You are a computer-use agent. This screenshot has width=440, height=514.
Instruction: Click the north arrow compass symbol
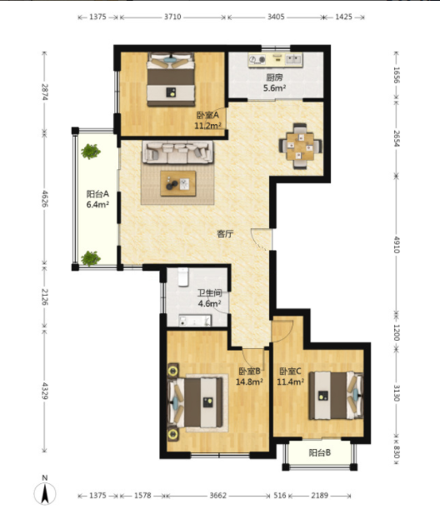tap(45, 493)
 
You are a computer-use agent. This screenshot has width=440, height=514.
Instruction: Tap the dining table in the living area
tap(300, 146)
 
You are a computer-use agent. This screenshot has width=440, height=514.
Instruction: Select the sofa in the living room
tap(177, 152)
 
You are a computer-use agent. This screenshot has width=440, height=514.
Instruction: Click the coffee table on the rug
tap(178, 183)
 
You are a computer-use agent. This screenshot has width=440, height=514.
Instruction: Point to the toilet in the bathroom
tap(183, 277)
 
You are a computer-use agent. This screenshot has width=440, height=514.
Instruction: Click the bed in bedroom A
tap(171, 80)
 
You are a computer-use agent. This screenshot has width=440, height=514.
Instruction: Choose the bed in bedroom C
tap(336, 396)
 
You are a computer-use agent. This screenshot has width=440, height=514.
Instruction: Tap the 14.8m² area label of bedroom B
tap(249, 382)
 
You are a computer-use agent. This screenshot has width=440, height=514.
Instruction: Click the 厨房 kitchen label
tap(274, 77)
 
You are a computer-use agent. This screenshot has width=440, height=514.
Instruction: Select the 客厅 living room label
tap(225, 234)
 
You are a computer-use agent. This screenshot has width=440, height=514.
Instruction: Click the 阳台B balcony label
tap(320, 452)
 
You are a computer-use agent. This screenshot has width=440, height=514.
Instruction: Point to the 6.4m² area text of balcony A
tap(97, 205)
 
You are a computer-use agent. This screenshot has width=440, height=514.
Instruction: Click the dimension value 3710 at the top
tap(172, 17)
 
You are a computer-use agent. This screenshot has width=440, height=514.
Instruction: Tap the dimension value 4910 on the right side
tap(397, 245)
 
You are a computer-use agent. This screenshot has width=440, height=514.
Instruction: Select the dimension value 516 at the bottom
tap(280, 495)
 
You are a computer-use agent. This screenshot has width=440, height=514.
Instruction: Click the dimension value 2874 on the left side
tap(45, 92)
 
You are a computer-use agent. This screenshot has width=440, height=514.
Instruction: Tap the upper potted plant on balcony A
tap(91, 152)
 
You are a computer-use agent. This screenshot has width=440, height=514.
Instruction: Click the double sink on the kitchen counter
tap(294, 59)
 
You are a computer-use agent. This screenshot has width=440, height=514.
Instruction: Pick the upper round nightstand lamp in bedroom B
tap(172, 371)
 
